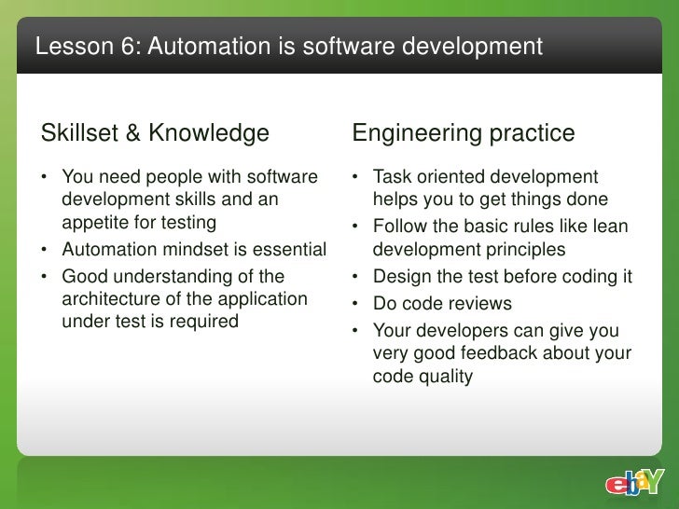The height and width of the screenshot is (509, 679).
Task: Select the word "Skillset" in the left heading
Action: point(78,134)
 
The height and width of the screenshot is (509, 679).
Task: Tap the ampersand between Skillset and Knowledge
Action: point(132,134)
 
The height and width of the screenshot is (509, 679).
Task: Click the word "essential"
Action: point(287,250)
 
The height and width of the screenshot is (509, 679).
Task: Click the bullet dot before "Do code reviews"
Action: point(357,304)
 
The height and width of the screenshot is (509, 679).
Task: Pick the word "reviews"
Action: point(479,304)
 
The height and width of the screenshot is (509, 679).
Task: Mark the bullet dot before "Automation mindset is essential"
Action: point(46,250)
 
